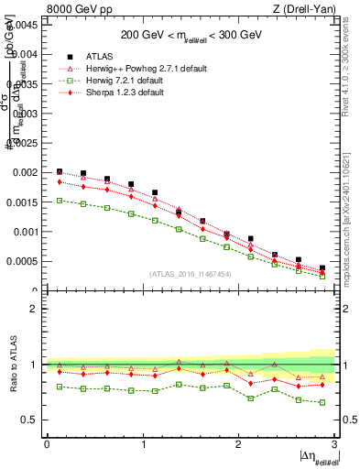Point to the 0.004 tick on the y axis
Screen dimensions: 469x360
[27, 54]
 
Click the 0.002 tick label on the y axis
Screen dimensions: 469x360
[27, 172]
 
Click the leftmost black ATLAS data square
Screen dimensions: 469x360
[60, 171]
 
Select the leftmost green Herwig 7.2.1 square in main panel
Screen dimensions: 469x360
[60, 200]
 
